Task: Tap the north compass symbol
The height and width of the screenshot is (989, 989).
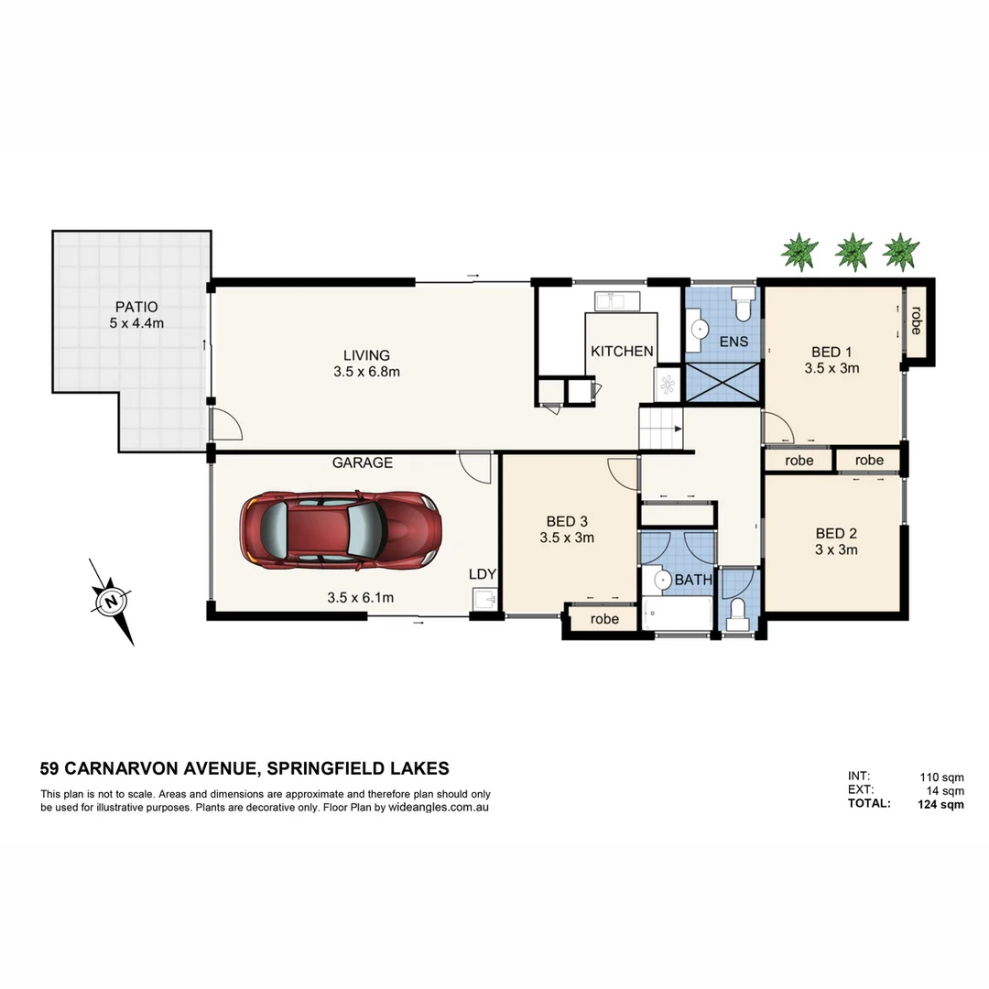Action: [x=112, y=602]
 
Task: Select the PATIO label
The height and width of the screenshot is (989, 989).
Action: [x=136, y=307]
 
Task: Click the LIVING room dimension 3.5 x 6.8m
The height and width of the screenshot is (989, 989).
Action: [x=366, y=372]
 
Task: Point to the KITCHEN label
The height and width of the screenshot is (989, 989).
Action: [x=622, y=352]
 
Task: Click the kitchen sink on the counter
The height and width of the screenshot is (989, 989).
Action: [x=609, y=300]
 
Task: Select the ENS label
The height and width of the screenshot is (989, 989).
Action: [x=734, y=342]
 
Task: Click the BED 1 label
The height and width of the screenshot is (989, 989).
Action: [x=831, y=352]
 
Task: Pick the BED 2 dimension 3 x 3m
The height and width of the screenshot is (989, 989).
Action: [x=836, y=549]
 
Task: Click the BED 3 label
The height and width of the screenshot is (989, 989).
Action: [x=567, y=522]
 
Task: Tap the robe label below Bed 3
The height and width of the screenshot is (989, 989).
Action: [x=604, y=619]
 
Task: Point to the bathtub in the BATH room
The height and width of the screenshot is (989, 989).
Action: [x=678, y=613]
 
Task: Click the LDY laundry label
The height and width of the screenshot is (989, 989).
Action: [x=482, y=574]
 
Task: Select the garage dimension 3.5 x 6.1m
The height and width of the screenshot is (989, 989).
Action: [x=360, y=598]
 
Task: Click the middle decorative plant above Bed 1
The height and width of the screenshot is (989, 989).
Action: [x=853, y=250]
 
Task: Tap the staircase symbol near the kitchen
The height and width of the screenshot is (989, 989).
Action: [x=661, y=429]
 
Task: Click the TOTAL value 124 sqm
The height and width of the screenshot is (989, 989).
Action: [x=940, y=805]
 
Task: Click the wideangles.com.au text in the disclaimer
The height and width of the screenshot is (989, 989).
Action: [x=438, y=808]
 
